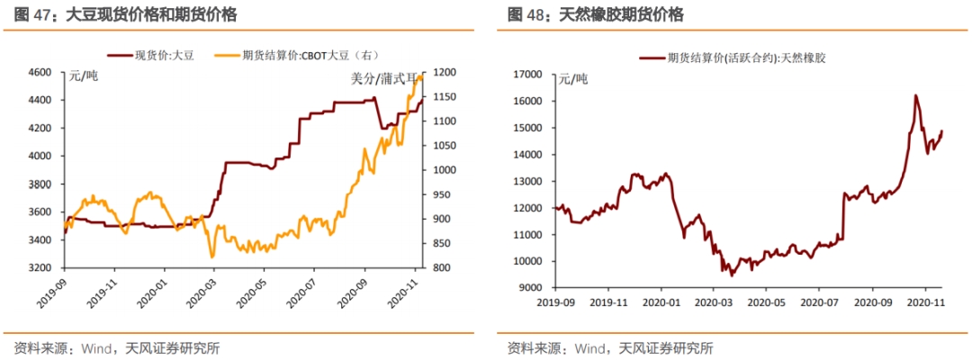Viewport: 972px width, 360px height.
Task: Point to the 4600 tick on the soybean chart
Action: point(40,72)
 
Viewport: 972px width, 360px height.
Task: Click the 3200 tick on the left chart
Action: point(40,268)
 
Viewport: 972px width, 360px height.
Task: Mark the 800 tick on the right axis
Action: point(441,268)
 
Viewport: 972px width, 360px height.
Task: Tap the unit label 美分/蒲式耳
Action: point(384,79)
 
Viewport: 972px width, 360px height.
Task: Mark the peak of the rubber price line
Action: point(915,95)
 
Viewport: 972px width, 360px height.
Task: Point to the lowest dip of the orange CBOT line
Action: point(212,257)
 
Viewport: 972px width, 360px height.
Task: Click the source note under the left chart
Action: point(116,347)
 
